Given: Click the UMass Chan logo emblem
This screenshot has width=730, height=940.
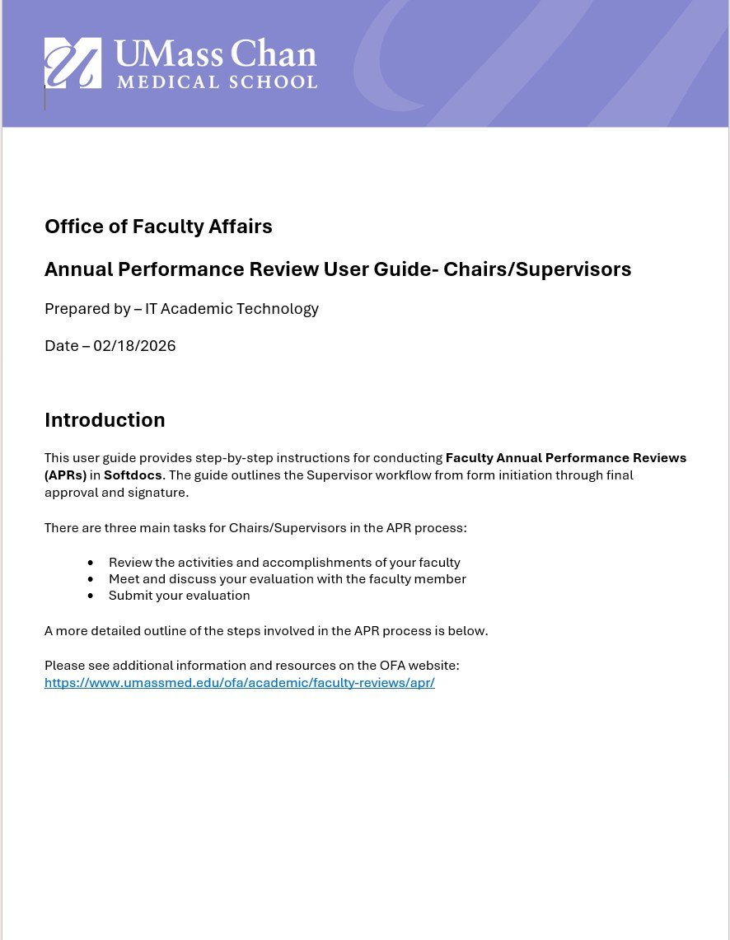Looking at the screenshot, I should [73, 63].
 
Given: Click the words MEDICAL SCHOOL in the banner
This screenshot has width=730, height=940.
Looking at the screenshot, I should [217, 82].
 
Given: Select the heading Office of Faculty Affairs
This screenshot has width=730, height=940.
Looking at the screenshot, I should [158, 227].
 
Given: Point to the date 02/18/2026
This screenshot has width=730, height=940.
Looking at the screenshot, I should [134, 346].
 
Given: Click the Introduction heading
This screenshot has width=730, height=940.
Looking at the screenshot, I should [105, 420].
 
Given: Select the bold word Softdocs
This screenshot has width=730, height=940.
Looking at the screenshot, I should [133, 475].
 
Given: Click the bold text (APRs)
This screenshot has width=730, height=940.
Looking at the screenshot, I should [66, 475].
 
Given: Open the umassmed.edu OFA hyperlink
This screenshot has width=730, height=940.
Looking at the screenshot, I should [239, 683].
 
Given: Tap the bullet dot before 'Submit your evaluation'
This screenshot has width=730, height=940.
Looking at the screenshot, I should [91, 596].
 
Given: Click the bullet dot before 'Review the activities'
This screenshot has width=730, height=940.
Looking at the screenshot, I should [91, 563].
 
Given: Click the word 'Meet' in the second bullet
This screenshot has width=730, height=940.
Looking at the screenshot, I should [124, 579].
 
